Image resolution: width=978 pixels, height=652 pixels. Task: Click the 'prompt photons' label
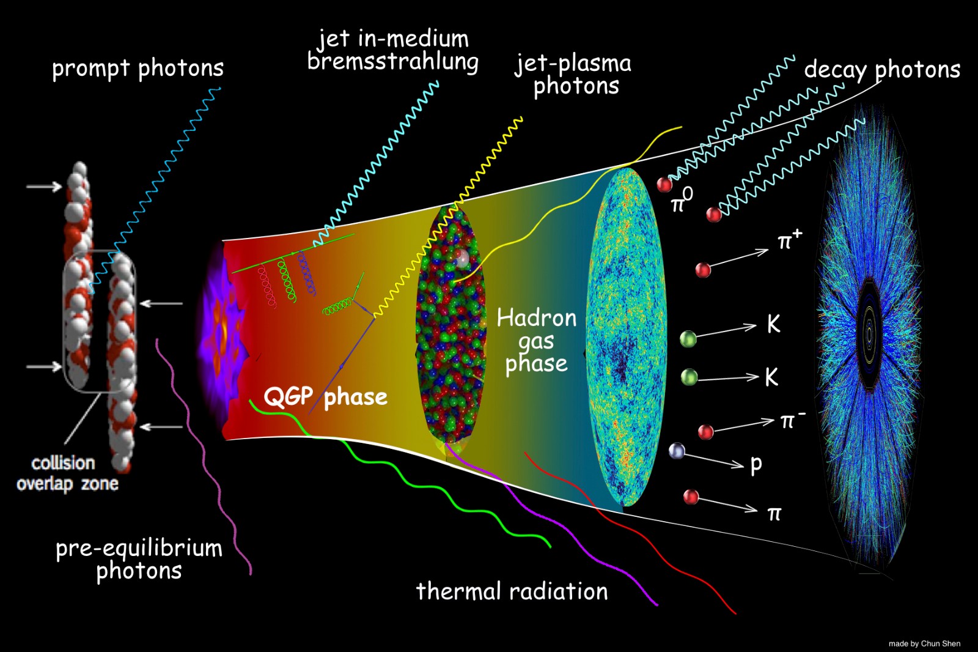click(x=138, y=69)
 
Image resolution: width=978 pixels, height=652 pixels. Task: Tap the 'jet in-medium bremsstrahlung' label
click(x=392, y=51)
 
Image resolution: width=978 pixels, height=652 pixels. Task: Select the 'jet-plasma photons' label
click(x=573, y=75)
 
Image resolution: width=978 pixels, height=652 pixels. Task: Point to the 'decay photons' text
click(x=881, y=70)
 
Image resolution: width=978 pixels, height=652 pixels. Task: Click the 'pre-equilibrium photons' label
click(x=139, y=559)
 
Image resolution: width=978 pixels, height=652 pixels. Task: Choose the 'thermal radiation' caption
click(x=512, y=591)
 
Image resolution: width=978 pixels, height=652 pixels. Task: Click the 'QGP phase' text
click(x=325, y=397)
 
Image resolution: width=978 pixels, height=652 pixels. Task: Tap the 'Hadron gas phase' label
click(x=536, y=341)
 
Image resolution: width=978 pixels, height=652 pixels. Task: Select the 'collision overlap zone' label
click(x=67, y=473)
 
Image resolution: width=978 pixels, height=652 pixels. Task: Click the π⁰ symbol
click(x=682, y=201)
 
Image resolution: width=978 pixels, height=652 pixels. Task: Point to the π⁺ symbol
click(x=789, y=240)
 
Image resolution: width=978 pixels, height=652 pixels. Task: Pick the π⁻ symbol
click(x=792, y=420)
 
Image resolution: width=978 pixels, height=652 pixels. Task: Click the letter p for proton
click(x=756, y=465)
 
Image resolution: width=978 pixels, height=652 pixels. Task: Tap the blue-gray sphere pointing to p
click(x=677, y=451)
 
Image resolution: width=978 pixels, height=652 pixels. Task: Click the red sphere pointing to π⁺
click(x=703, y=269)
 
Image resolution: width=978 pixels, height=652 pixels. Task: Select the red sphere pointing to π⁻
click(x=705, y=432)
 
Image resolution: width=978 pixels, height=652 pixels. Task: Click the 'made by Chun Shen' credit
click(x=924, y=643)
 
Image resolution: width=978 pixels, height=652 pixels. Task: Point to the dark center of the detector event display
click(x=869, y=334)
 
